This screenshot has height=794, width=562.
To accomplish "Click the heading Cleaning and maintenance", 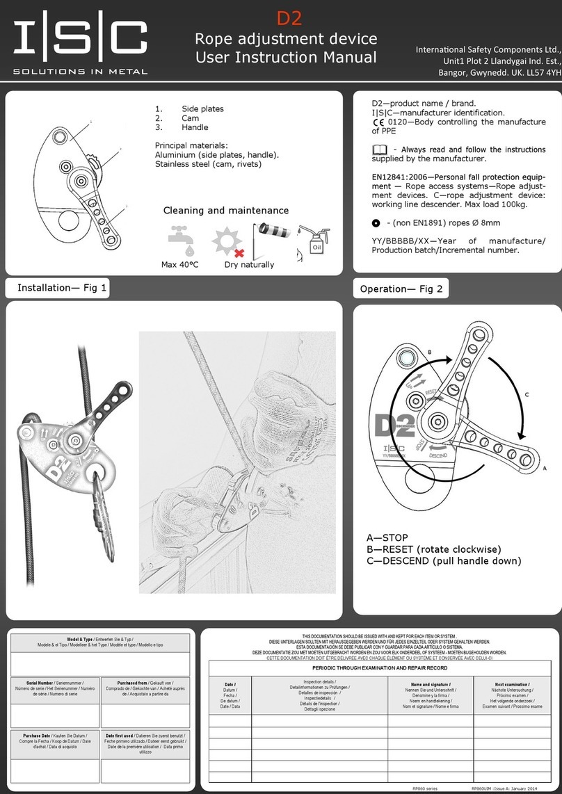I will [225, 210].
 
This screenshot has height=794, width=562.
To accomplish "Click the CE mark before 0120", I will [378, 122].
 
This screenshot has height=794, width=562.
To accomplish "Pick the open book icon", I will [380, 149].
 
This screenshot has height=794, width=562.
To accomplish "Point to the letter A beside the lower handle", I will [545, 469].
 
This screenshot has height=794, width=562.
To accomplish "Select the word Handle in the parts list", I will [195, 127].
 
